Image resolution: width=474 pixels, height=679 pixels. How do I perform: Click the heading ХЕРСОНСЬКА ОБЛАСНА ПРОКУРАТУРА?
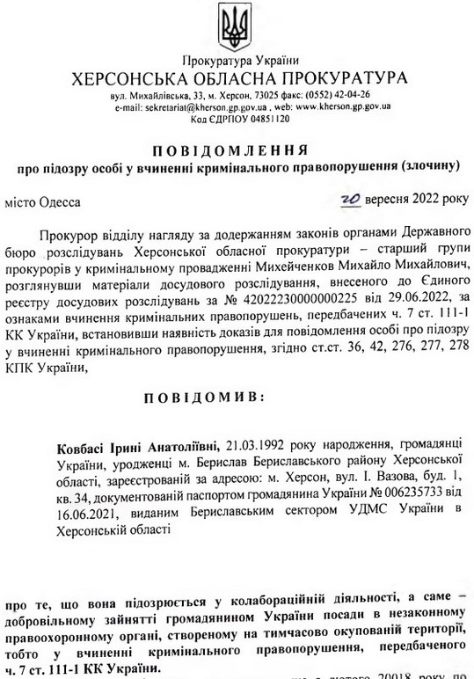237,77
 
